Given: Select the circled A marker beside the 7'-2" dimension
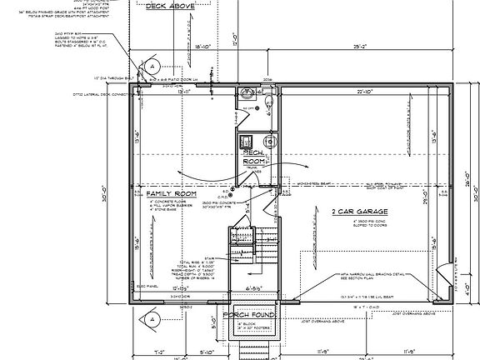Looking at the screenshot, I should (152, 318).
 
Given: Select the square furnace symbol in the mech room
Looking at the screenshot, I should (246, 142).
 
